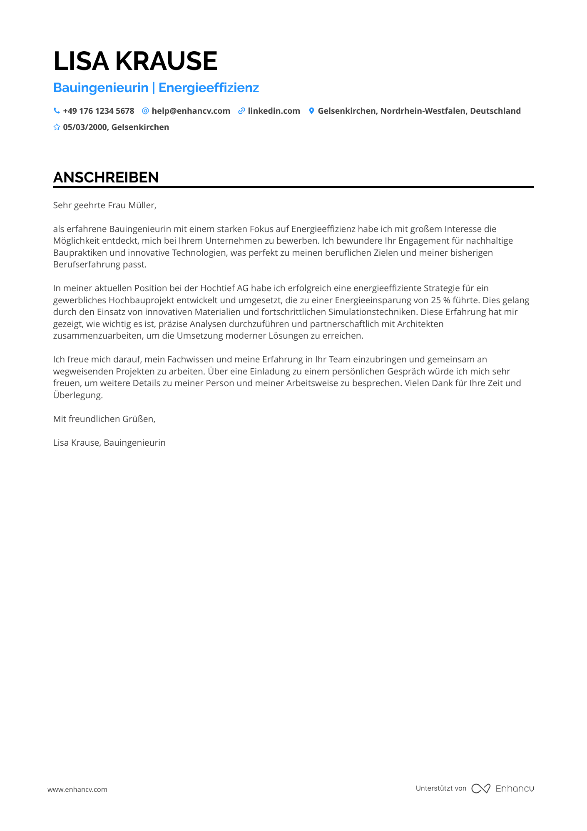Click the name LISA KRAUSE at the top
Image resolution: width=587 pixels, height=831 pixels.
(x=135, y=61)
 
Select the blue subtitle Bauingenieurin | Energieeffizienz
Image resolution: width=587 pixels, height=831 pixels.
(x=156, y=88)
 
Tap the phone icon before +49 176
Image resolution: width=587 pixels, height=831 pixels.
(x=57, y=111)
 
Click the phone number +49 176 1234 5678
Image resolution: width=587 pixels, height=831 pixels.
(x=99, y=111)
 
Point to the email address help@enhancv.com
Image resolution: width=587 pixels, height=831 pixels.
(x=191, y=111)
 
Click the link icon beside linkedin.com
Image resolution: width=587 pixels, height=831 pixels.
(x=241, y=111)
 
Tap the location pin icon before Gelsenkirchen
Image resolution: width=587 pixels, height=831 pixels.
(x=311, y=111)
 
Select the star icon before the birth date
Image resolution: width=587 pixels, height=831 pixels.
(x=57, y=127)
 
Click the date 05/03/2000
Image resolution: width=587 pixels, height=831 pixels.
(x=85, y=127)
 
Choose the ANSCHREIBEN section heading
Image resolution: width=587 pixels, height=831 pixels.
(x=106, y=177)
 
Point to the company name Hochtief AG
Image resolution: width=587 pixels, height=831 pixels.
(x=224, y=288)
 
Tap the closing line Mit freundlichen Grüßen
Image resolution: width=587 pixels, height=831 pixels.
(x=104, y=419)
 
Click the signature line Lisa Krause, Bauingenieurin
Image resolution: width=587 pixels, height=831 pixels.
(x=109, y=443)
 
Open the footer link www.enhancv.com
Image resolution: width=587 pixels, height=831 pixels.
(x=77, y=789)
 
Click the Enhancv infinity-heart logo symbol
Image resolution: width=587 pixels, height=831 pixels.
(x=480, y=789)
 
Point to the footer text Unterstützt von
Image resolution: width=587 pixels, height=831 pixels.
(x=441, y=788)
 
